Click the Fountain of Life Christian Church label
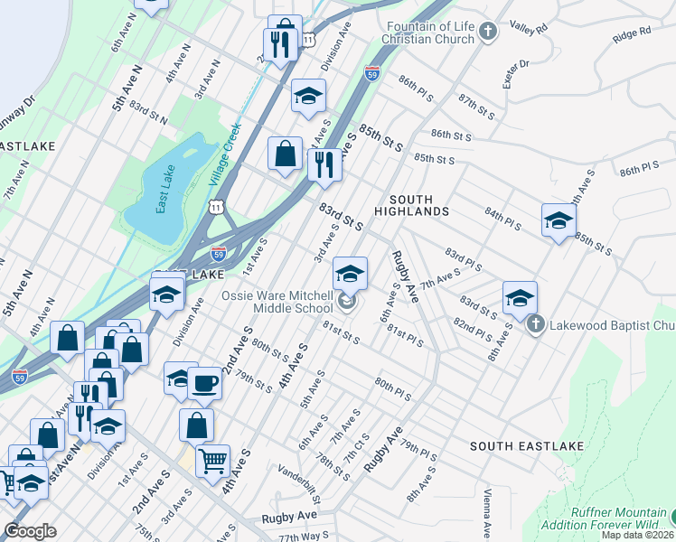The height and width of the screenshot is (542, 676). (x=429, y=33)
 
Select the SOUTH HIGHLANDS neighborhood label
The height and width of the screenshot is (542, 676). (x=418, y=205)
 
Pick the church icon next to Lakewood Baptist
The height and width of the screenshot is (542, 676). (x=535, y=323)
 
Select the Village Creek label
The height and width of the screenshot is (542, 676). (x=224, y=154)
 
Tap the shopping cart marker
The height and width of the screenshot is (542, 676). (x=213, y=462)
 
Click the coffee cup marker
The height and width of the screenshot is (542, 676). (x=204, y=383)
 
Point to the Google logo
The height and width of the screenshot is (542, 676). (x=30, y=531)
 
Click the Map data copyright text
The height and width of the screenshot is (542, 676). (x=638, y=535)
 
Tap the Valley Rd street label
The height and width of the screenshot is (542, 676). (x=529, y=29)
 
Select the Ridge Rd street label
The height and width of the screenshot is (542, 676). (x=631, y=34)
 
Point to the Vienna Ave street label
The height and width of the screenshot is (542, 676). (x=486, y=516)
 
